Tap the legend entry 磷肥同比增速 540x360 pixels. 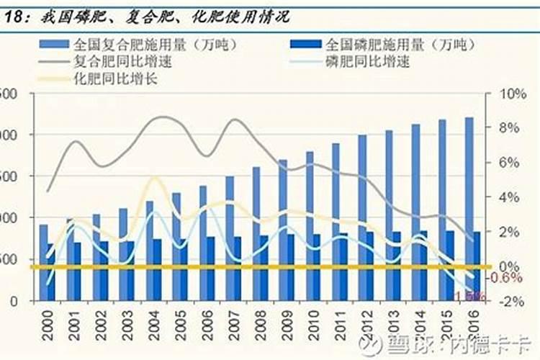click(367, 61)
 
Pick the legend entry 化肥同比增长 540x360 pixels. click(115, 78)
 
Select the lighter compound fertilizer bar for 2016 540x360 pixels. click(469, 209)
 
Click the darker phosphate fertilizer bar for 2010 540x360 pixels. click(317, 267)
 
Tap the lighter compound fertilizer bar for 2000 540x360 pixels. click(44, 262)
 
